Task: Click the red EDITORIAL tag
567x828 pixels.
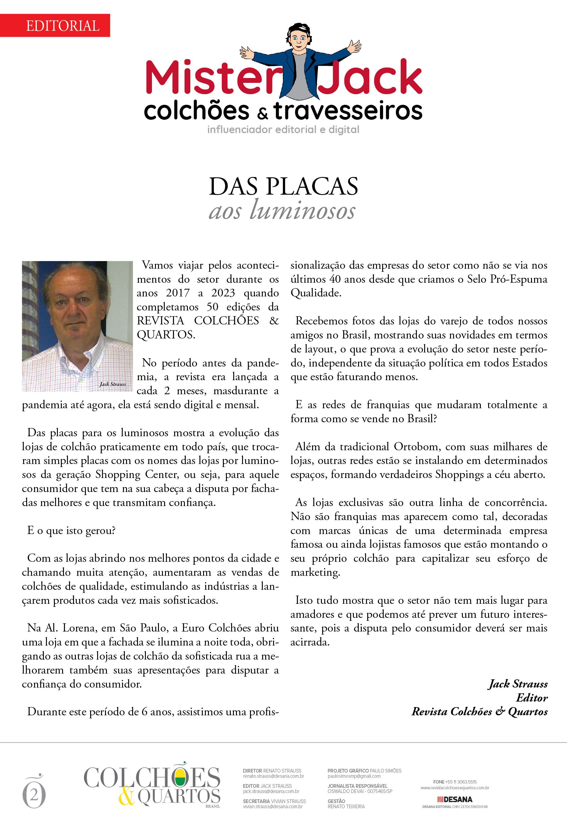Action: (x=62, y=26)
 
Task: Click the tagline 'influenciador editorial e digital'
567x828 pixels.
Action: (x=283, y=130)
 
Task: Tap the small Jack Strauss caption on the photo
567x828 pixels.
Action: (x=113, y=384)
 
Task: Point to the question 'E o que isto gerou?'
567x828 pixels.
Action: (x=71, y=530)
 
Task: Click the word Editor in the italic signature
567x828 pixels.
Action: (x=532, y=697)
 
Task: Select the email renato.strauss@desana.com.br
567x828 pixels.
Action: (x=273, y=776)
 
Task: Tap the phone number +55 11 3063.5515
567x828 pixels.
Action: (x=460, y=782)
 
